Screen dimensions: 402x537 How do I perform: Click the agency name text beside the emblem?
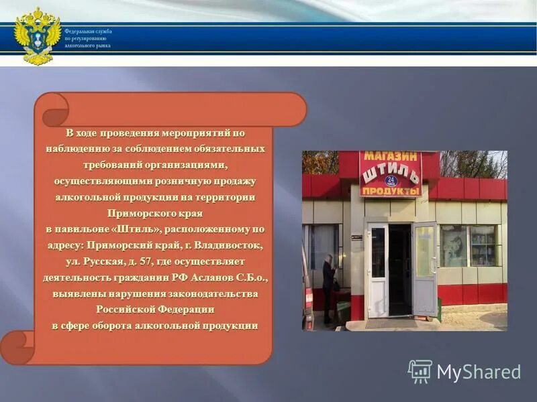pyautogui.click(x=88, y=39)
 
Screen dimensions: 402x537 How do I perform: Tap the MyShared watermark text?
pyautogui.click(x=479, y=372)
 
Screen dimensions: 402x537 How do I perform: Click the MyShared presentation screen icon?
pyautogui.click(x=420, y=371)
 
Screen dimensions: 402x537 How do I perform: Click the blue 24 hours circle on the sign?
pyautogui.click(x=391, y=180)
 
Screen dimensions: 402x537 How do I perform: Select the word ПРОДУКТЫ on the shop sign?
pyautogui.click(x=391, y=191)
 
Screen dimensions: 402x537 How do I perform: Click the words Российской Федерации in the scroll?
pyautogui.click(x=155, y=310)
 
